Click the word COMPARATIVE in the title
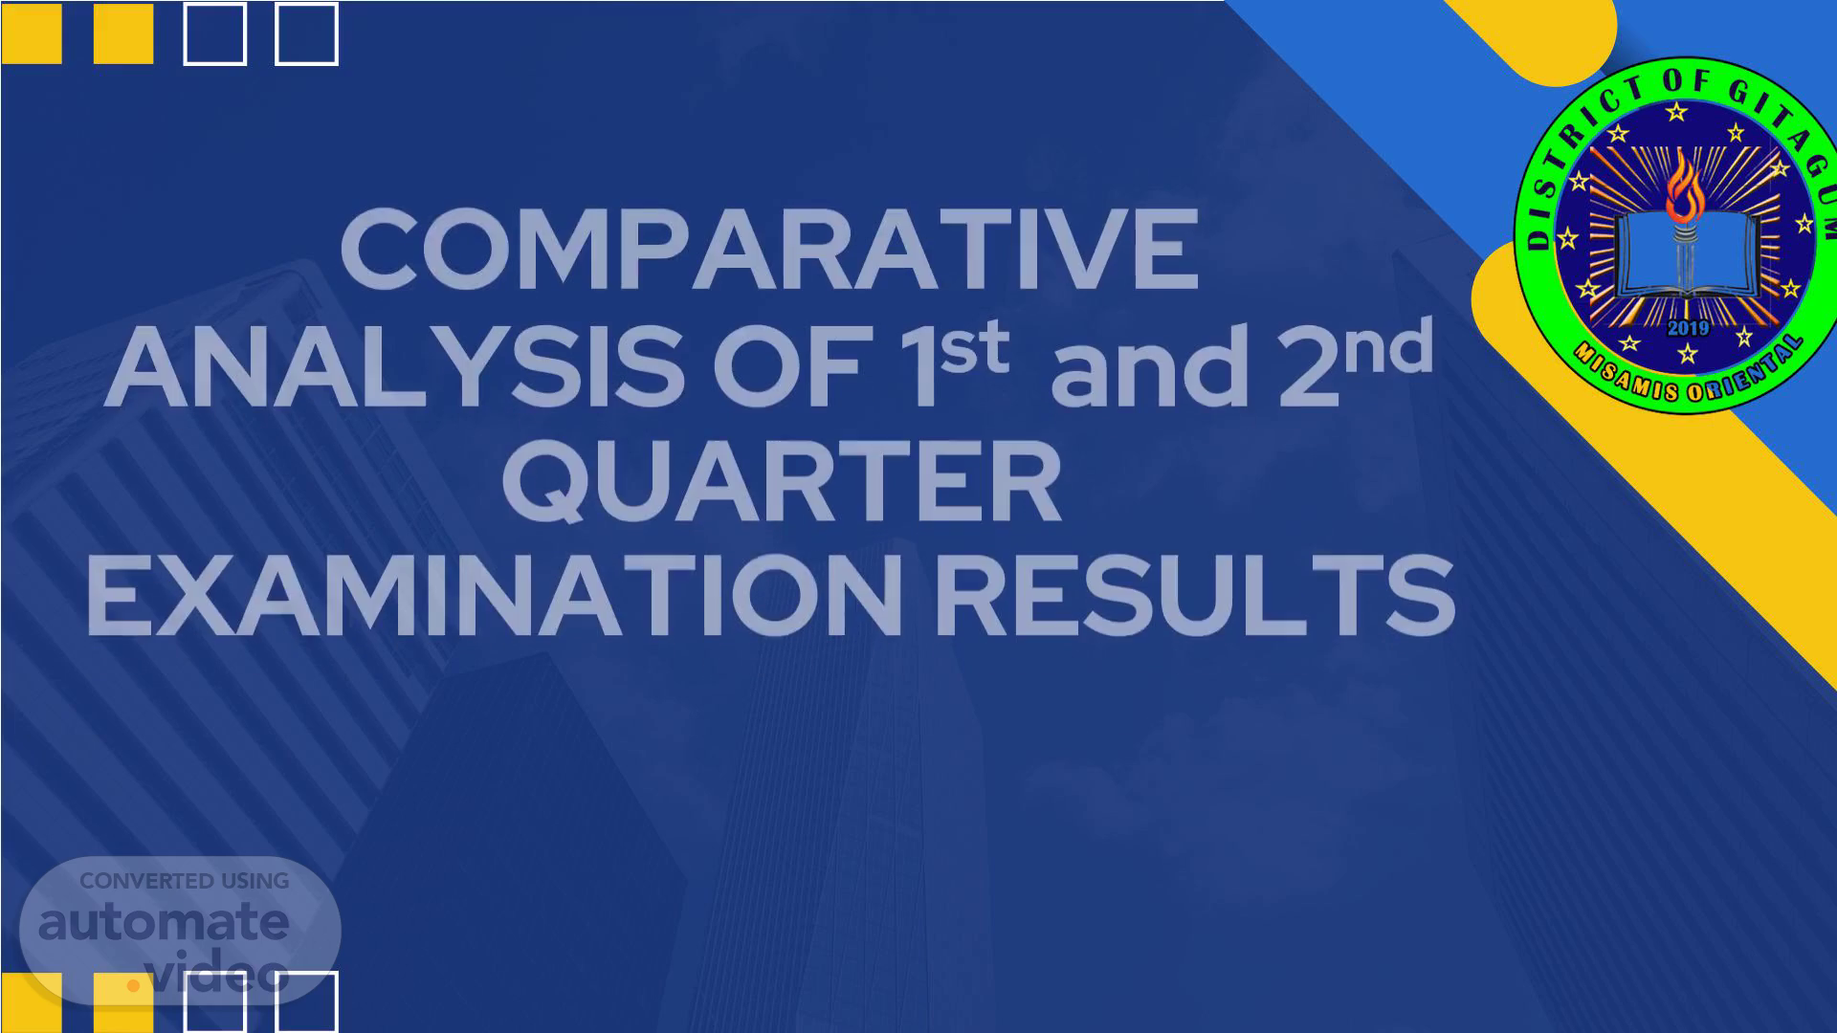(769, 250)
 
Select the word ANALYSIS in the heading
(394, 367)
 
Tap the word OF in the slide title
(787, 367)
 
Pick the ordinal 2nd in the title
(1355, 362)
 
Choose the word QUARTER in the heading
(782, 482)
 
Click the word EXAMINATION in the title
(494, 596)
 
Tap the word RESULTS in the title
(1194, 596)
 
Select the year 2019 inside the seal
(1687, 328)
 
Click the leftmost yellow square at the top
(32, 33)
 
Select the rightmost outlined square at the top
(306, 33)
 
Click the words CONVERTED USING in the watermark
(185, 881)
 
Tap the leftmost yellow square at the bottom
(32, 1002)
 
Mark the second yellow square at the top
(123, 33)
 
